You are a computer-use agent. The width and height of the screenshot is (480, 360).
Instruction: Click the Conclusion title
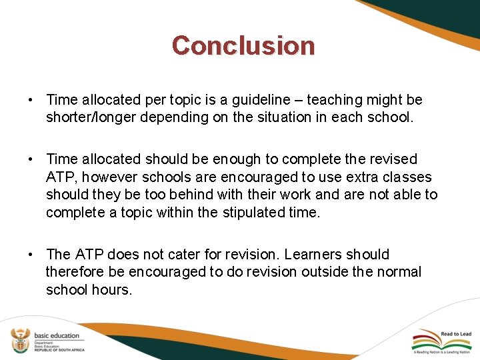[x=243, y=45]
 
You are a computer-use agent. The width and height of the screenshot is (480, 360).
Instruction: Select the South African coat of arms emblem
[x=18, y=340]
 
